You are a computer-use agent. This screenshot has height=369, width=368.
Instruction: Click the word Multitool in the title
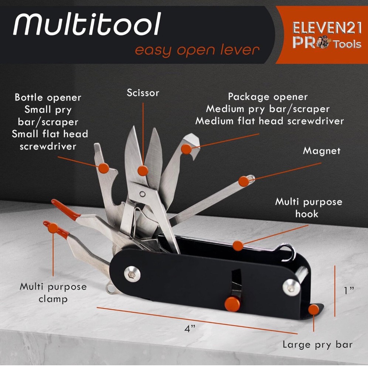point(87,25)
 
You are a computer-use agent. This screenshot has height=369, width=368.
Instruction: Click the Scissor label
point(143,92)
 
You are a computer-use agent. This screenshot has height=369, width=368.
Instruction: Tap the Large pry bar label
point(317,345)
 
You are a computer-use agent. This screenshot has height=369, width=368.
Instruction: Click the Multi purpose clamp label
point(53,293)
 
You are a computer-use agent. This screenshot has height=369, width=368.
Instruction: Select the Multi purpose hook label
point(308,207)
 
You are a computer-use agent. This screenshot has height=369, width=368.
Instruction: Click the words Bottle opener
point(48,98)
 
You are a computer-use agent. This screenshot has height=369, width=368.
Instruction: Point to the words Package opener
point(268,97)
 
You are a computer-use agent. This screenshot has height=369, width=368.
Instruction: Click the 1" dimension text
point(348,290)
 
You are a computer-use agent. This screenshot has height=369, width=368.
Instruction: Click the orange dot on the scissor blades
point(143,170)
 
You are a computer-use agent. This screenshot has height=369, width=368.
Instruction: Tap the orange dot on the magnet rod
point(243,181)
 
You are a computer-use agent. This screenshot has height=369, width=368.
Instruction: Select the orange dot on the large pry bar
point(314,310)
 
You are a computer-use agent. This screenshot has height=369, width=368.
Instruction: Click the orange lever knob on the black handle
point(232,303)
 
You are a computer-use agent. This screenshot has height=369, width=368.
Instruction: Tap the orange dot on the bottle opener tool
point(104,168)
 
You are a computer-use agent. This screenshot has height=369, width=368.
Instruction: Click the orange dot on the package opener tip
point(187,149)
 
